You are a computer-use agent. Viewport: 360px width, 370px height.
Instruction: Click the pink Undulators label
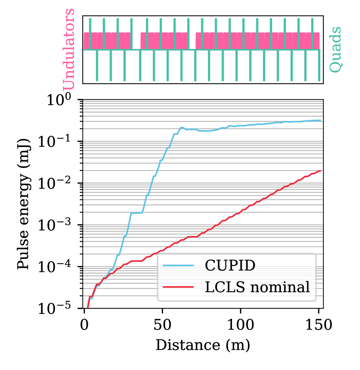[x=69, y=49]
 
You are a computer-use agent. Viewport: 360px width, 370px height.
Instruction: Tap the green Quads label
[x=335, y=49]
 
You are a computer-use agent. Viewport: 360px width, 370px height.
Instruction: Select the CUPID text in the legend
[x=230, y=266]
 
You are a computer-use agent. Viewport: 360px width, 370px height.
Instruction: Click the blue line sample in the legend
[x=178, y=266]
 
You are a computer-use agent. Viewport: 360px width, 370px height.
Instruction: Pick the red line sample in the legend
[x=178, y=287]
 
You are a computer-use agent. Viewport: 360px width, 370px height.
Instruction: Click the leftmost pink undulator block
[x=107, y=40]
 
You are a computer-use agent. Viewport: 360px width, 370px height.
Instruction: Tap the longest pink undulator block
[x=258, y=40]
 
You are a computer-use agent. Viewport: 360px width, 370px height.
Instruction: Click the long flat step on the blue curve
[x=136, y=213]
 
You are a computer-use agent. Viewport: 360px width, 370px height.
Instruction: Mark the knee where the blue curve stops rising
[x=181, y=127]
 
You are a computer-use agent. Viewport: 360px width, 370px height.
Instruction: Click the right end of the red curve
[x=320, y=171]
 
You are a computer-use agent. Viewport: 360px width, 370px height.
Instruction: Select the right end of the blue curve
[x=320, y=121]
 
